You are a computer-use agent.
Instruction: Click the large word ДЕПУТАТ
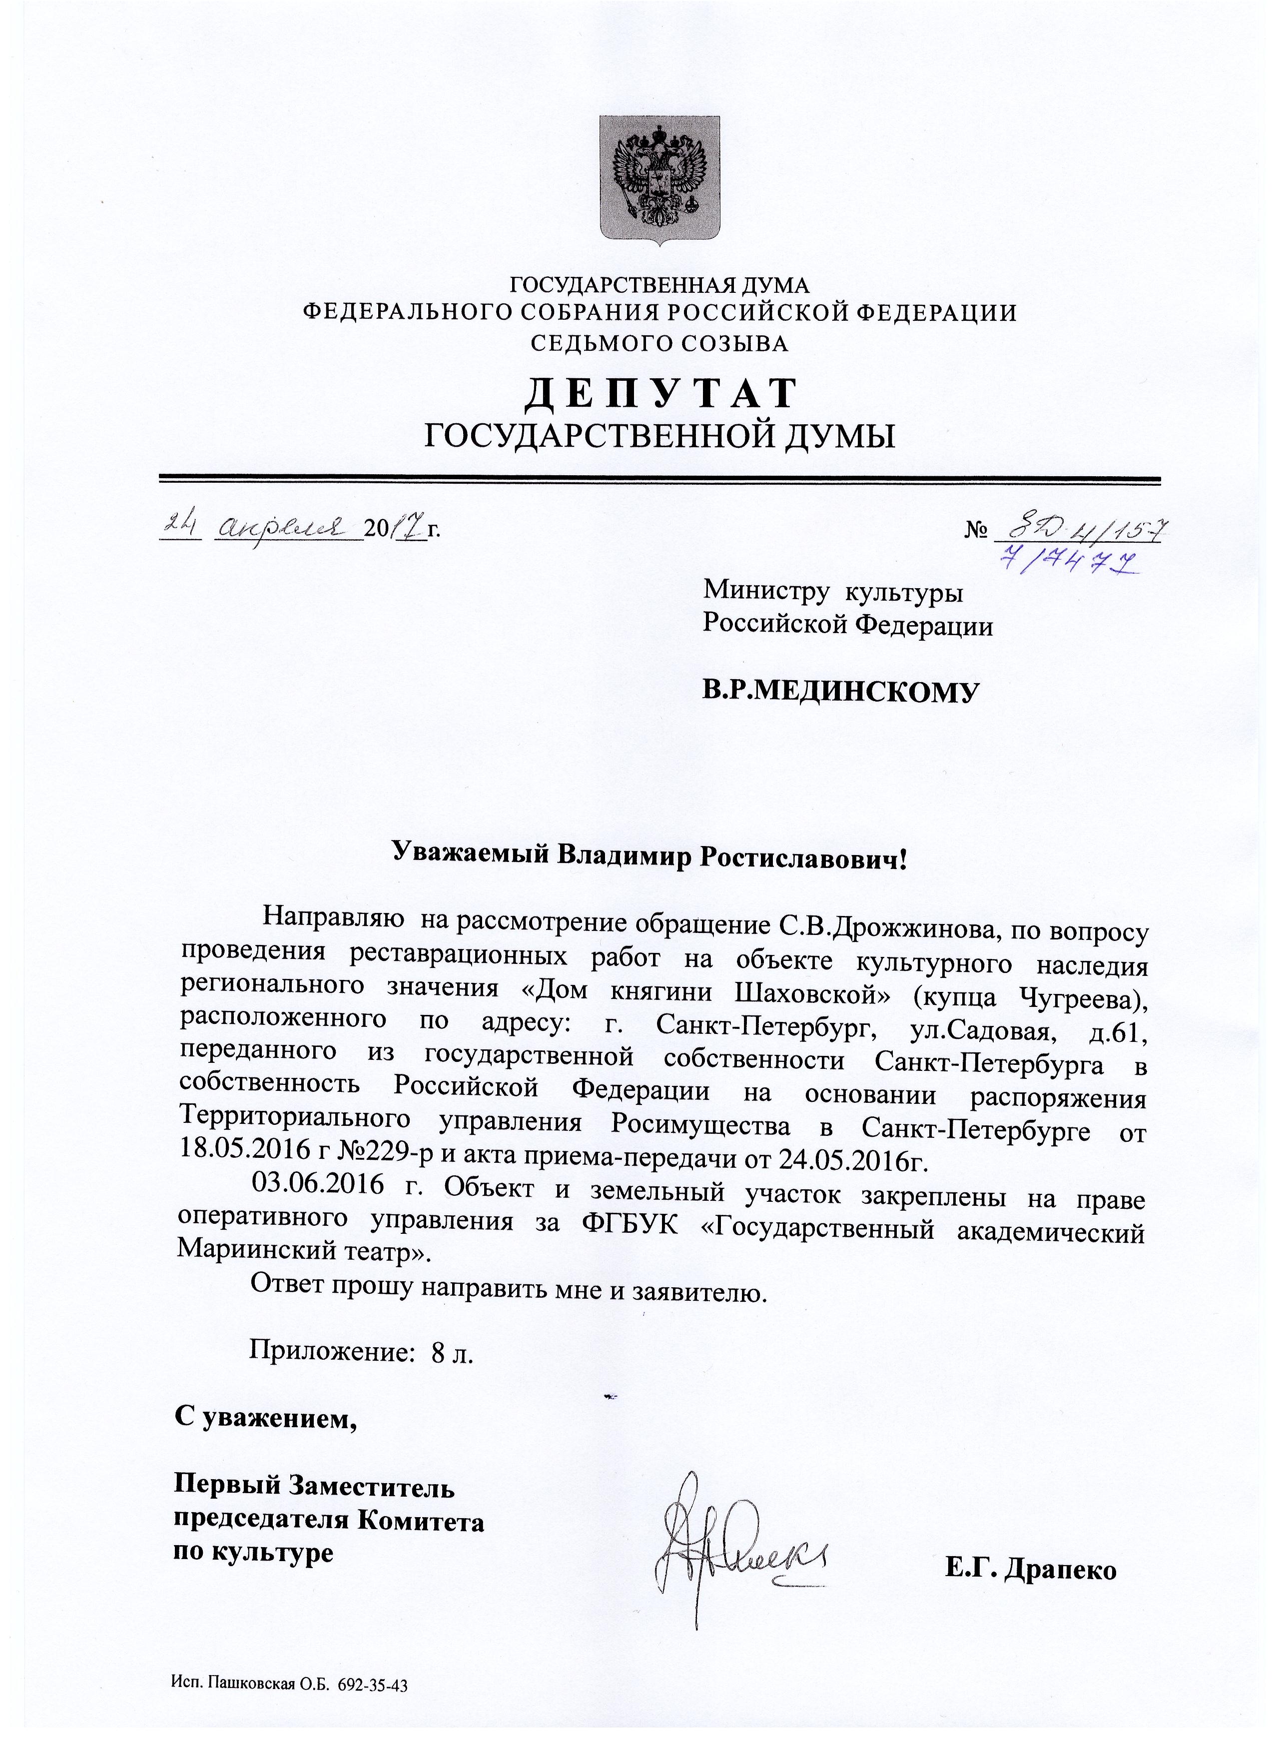pos(660,392)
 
